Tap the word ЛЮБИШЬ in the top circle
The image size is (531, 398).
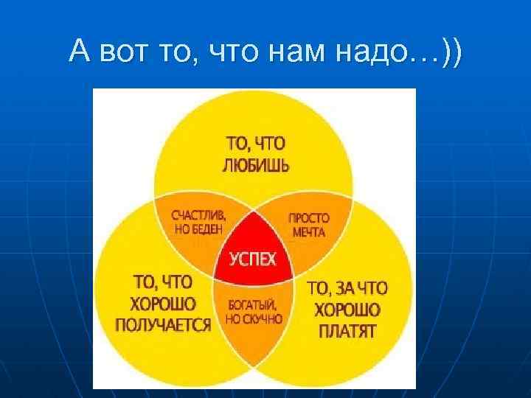pyautogui.click(x=256, y=164)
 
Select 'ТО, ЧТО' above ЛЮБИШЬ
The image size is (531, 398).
pyautogui.click(x=255, y=144)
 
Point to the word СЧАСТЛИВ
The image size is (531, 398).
pyautogui.click(x=199, y=217)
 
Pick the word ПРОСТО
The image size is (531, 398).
pyautogui.click(x=308, y=219)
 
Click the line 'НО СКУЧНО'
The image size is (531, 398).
pyautogui.click(x=253, y=318)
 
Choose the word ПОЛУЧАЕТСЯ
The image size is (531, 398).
pyautogui.click(x=163, y=325)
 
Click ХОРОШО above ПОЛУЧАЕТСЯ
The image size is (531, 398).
pyautogui.click(x=163, y=304)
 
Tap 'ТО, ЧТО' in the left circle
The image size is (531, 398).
pyautogui.click(x=162, y=282)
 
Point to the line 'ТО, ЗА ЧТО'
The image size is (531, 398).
pyautogui.click(x=347, y=288)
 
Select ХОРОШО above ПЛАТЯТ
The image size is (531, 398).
pyautogui.click(x=347, y=310)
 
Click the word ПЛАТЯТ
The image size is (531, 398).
pyautogui.click(x=347, y=332)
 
